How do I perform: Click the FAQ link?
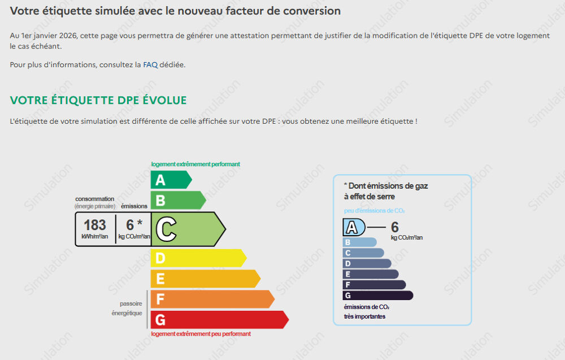click(x=150, y=65)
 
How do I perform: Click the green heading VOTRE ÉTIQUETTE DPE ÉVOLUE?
click(x=98, y=100)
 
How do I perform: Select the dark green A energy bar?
click(x=171, y=180)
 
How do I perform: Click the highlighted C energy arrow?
click(x=188, y=229)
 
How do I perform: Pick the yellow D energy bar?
click(x=198, y=258)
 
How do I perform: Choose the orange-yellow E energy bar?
click(x=206, y=279)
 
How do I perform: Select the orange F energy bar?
click(x=212, y=299)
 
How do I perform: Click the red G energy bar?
click(x=220, y=320)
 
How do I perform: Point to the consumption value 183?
click(x=95, y=225)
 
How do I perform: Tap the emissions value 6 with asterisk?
click(x=134, y=225)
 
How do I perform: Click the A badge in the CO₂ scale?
click(x=354, y=227)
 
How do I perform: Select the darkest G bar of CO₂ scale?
click(x=378, y=296)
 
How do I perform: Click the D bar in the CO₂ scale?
click(x=367, y=264)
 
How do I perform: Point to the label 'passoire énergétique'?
click(x=127, y=309)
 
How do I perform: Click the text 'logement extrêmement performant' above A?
click(x=195, y=164)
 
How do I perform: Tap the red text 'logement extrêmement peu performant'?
click(x=201, y=334)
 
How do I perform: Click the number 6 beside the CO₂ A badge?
click(x=395, y=227)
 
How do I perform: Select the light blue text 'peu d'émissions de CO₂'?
click(x=374, y=211)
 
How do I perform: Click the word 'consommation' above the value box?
click(x=94, y=199)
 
